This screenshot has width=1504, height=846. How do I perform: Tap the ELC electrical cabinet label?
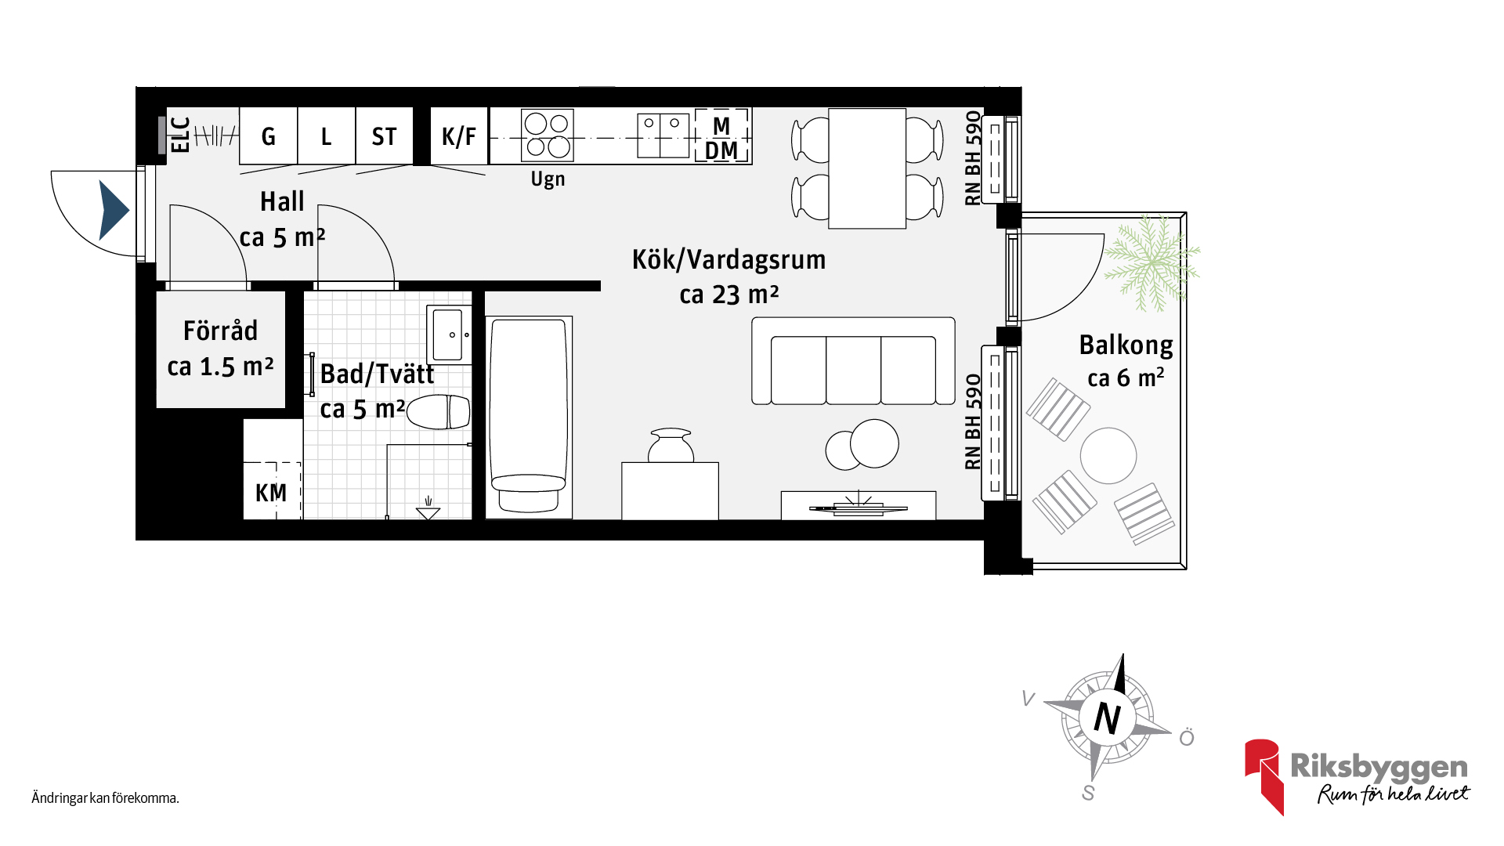[x=180, y=135]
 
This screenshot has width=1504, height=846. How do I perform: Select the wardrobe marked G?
[x=268, y=136]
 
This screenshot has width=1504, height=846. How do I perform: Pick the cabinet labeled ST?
[x=384, y=136]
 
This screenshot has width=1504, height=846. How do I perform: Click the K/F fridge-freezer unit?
[x=459, y=136]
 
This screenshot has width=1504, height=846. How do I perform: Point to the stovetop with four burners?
[x=548, y=136]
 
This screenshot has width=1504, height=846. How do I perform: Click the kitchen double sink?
[x=663, y=136]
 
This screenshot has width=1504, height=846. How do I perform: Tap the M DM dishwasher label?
[x=721, y=138]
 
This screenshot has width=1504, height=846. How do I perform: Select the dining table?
[x=867, y=168]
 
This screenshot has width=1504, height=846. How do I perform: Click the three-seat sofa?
[x=853, y=361]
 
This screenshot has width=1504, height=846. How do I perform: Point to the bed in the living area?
[x=529, y=417]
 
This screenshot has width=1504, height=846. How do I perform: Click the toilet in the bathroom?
[x=439, y=412]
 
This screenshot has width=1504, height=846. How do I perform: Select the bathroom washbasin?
[x=449, y=334]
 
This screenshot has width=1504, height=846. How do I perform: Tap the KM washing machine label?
[x=271, y=493]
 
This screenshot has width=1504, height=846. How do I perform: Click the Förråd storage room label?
[x=220, y=331]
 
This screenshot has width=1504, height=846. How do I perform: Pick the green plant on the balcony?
[x=1152, y=263]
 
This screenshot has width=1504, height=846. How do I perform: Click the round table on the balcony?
[x=1108, y=456]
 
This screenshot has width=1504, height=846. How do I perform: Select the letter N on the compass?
[x=1107, y=718]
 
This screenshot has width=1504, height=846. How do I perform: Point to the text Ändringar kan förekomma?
[x=106, y=798]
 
